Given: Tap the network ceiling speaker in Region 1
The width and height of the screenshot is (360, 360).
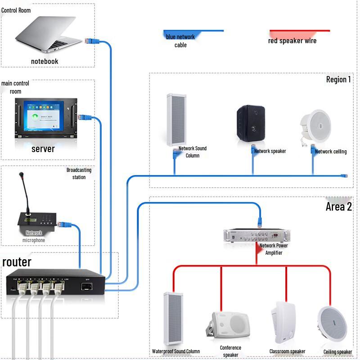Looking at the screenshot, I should coord(315,124).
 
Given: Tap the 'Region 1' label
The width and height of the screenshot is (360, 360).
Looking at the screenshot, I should coord(338,80).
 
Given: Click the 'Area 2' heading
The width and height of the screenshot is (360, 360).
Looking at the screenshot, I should coord(338,207).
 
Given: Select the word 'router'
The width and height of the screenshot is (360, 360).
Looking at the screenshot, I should coord(17,262).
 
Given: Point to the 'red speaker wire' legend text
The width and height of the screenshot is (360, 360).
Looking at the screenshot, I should coord(292,41).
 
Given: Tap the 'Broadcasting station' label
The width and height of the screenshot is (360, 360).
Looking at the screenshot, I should coord(79,173).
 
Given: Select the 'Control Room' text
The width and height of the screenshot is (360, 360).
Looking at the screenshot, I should coord(16,10).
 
